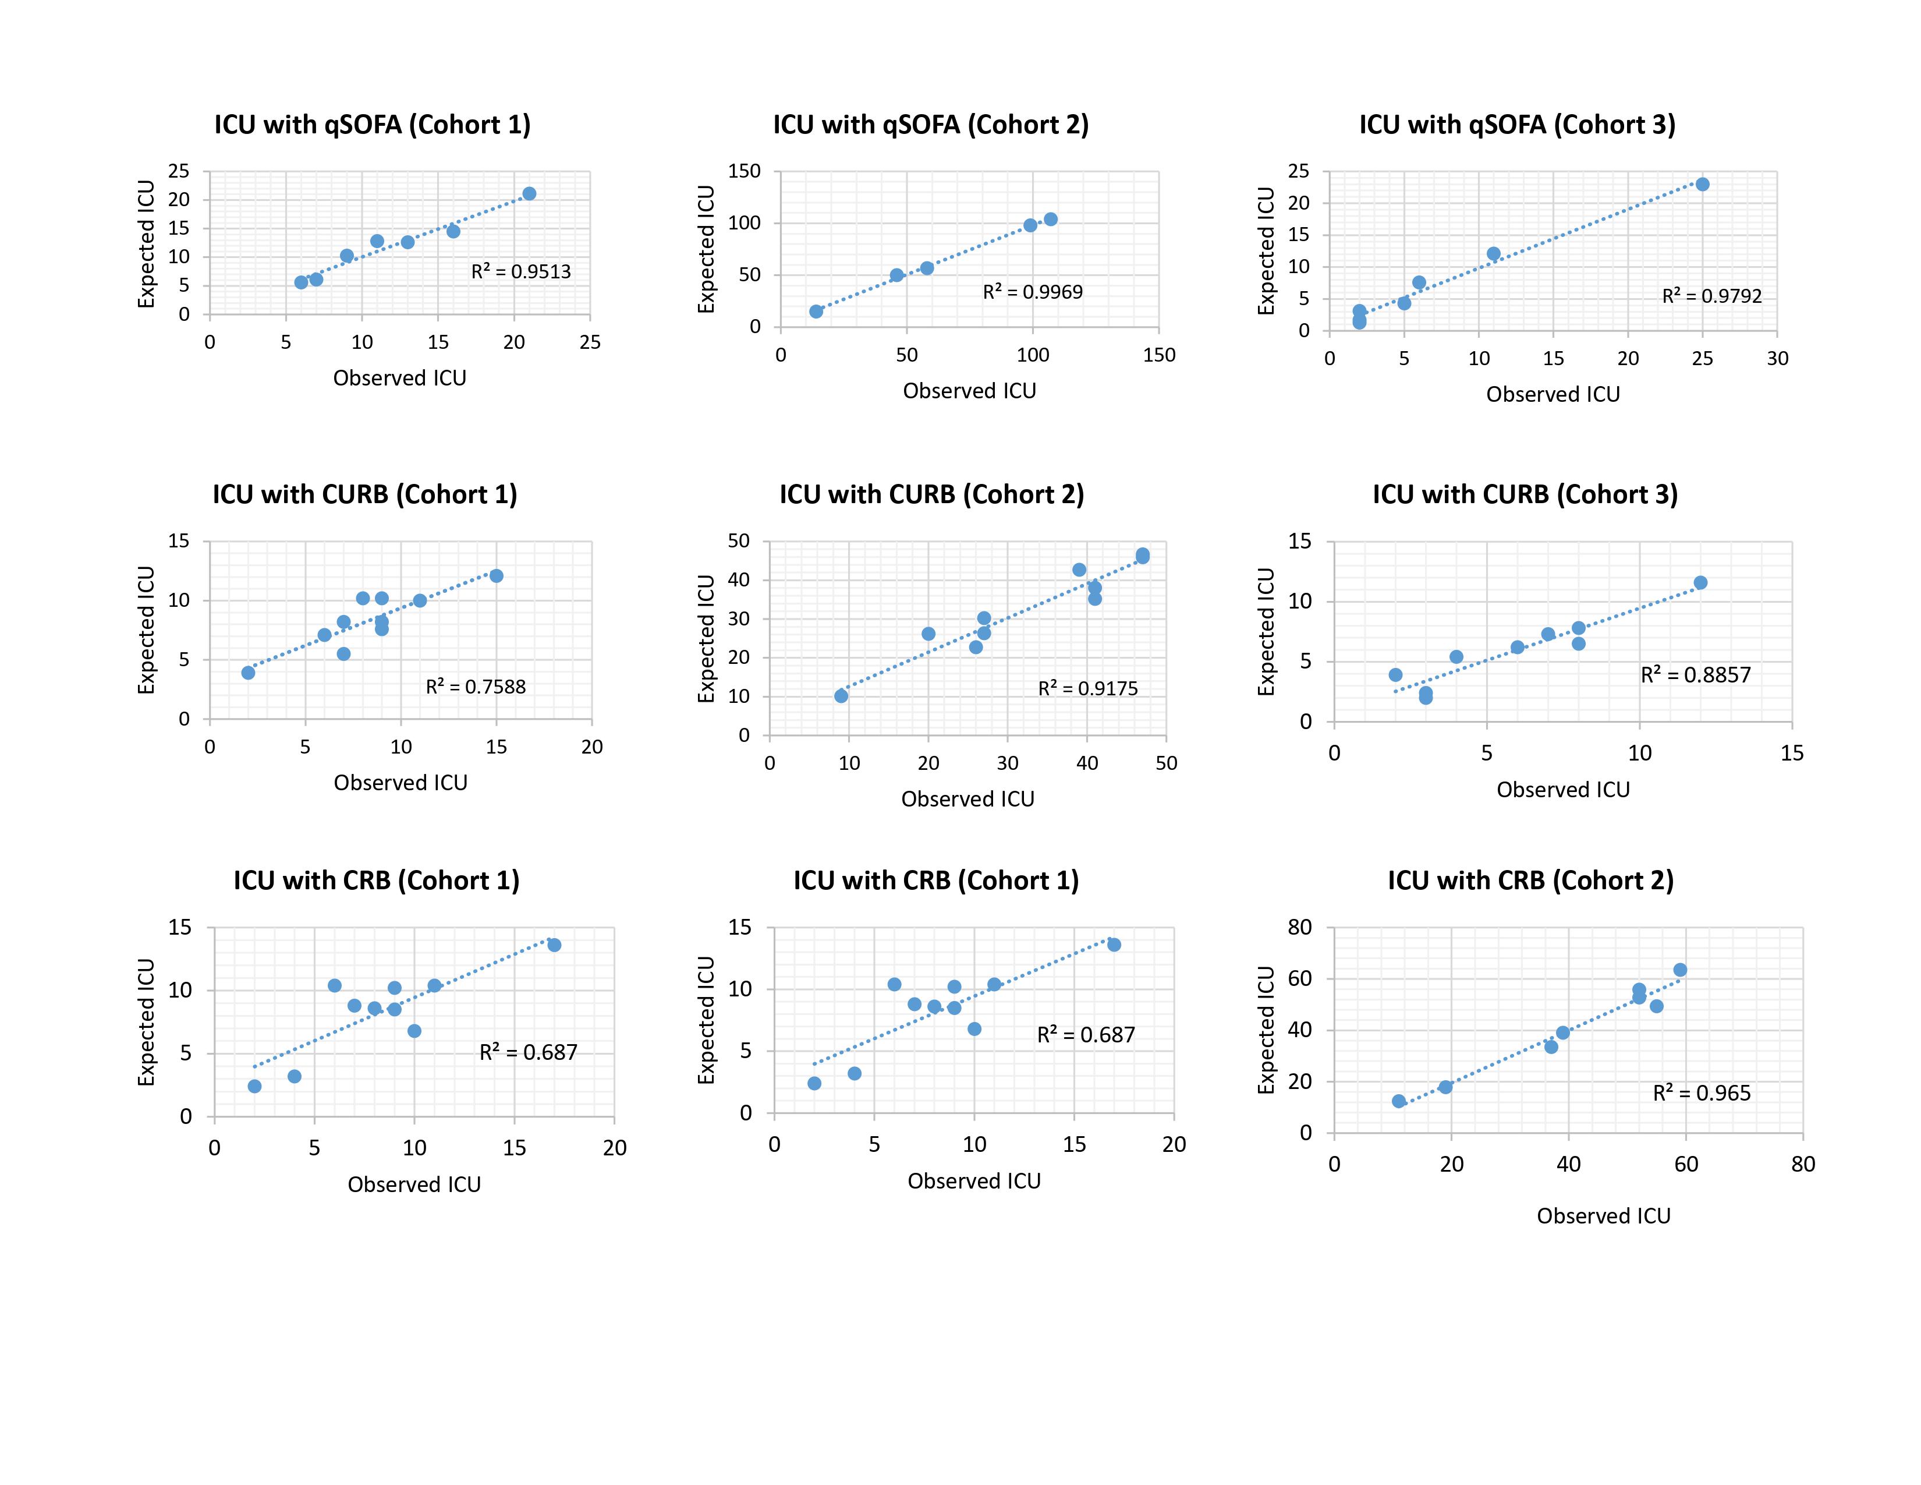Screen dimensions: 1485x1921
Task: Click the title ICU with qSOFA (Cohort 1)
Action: (x=372, y=125)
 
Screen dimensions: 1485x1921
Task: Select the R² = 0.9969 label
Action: (x=1033, y=292)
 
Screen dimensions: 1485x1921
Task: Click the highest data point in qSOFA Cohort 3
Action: (x=1702, y=184)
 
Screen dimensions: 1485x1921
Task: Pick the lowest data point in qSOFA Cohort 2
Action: (x=816, y=312)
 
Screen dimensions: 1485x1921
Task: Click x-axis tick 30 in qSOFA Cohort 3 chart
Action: (x=1777, y=359)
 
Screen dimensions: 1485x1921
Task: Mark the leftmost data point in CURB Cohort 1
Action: (x=248, y=673)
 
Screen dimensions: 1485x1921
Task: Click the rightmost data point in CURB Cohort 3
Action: (x=1700, y=582)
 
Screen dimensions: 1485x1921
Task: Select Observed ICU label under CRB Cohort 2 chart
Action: (x=1603, y=1216)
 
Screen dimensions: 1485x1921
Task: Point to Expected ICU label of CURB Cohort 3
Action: (x=1266, y=632)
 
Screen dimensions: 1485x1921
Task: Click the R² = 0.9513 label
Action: (x=521, y=272)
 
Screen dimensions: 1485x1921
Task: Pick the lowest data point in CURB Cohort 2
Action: (x=841, y=696)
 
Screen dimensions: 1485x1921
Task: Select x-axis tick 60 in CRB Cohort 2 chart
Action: (x=1685, y=1165)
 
